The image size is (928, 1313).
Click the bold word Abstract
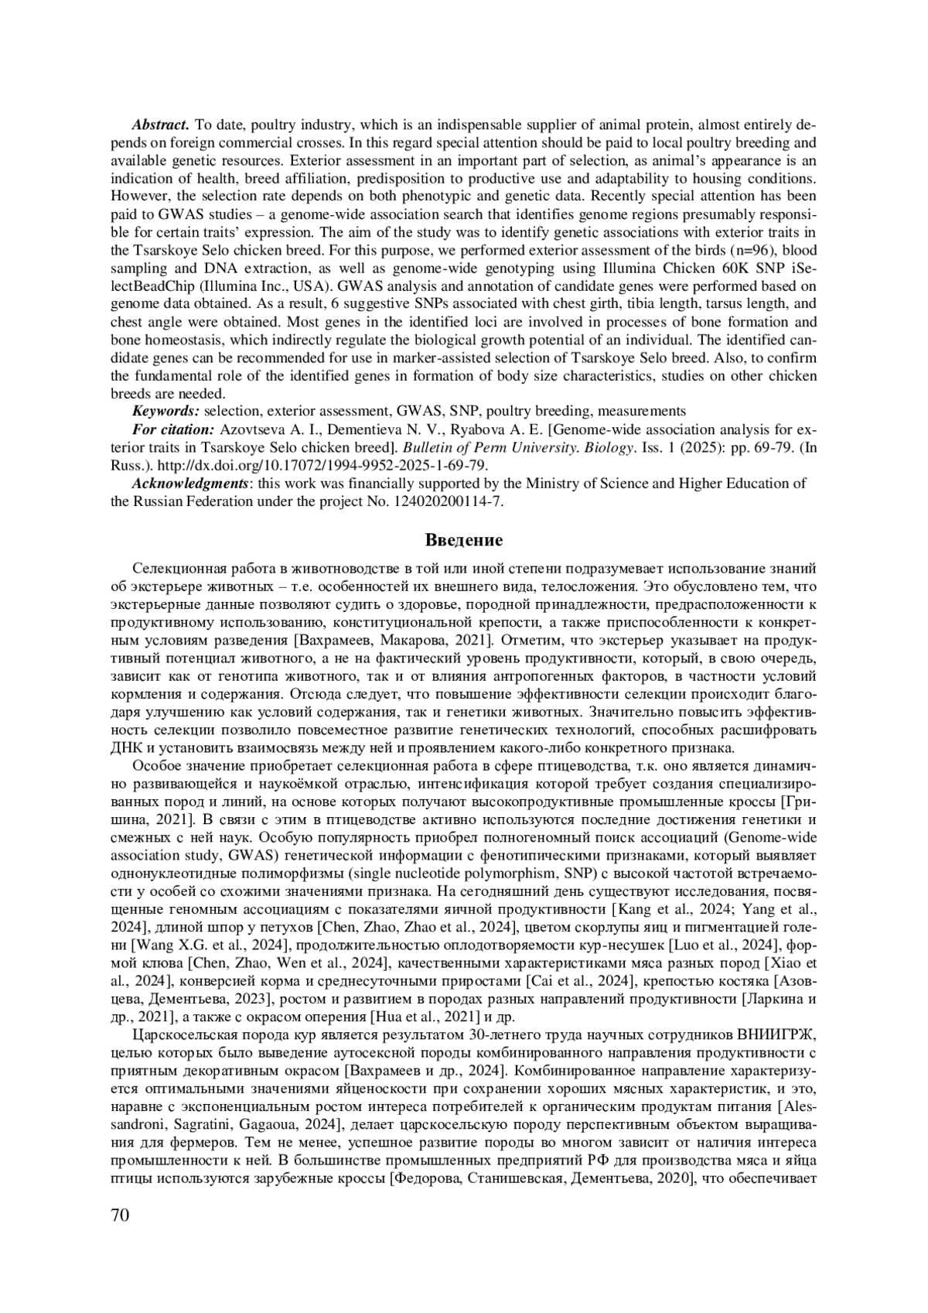pos(161,125)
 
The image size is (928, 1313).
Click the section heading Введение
pos(464,539)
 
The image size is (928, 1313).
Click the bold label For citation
pos(173,429)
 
